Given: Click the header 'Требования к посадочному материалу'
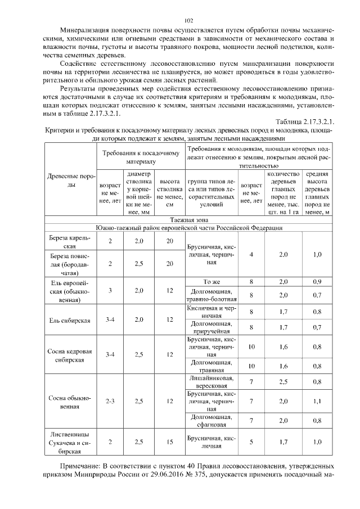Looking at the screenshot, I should pyautogui.click(x=141, y=156).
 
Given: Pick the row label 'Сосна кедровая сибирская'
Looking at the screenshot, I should pyautogui.click(x=67, y=355).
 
